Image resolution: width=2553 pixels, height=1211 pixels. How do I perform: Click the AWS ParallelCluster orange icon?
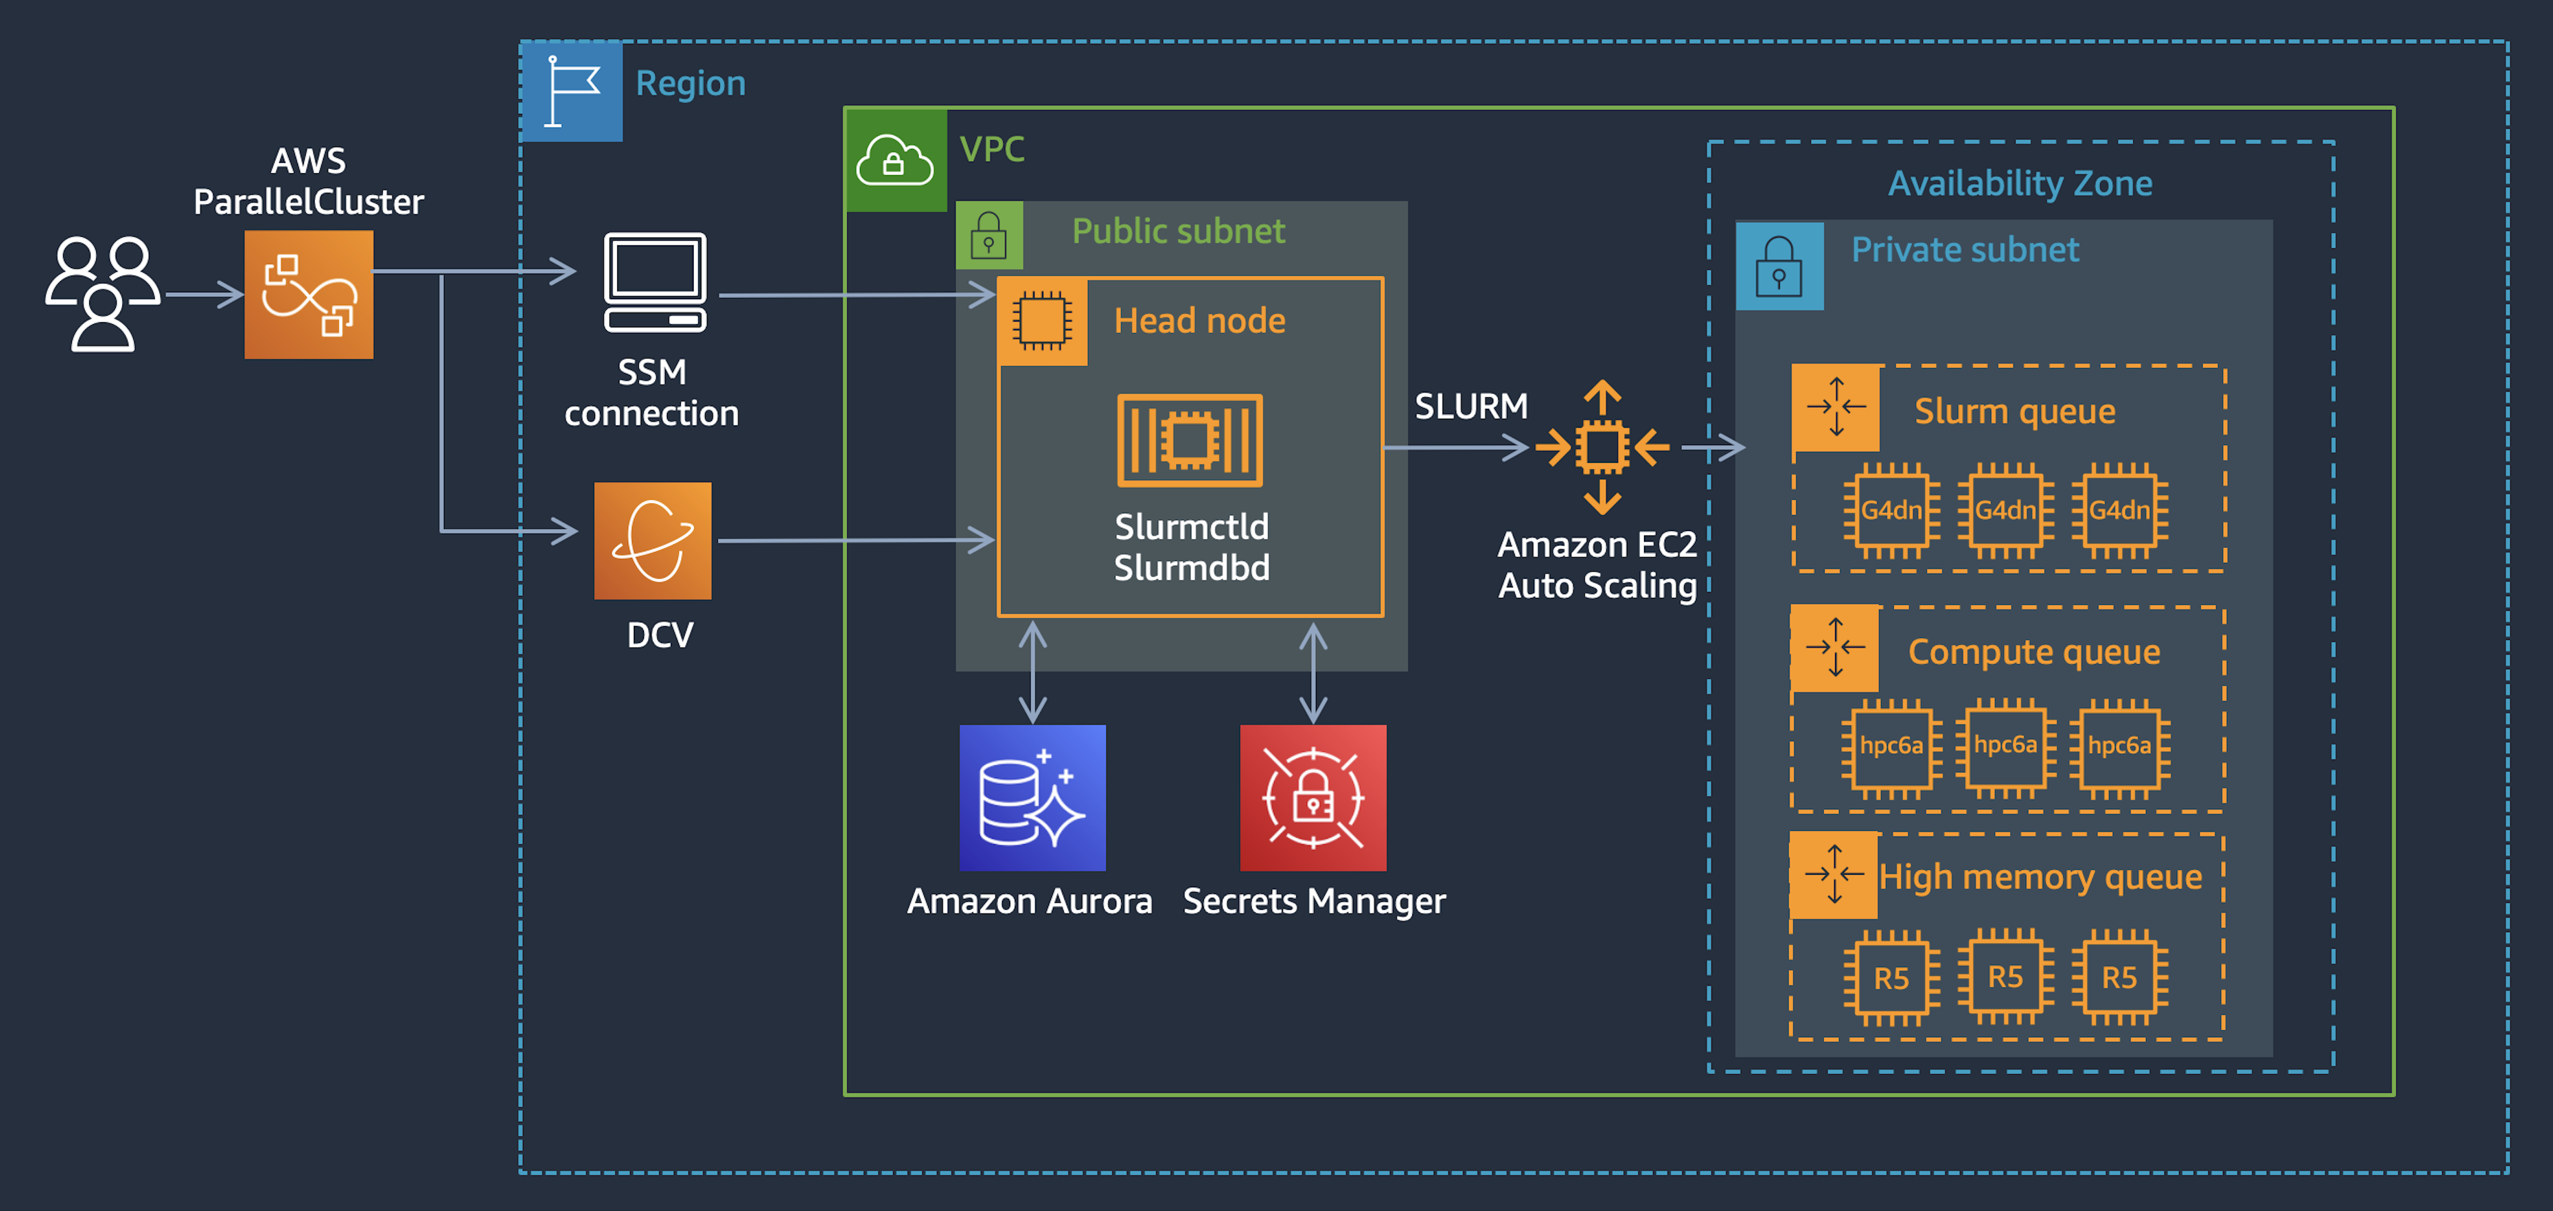[308, 294]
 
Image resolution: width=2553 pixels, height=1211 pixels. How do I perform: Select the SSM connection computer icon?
[655, 283]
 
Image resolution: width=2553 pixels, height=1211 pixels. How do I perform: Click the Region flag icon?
[572, 91]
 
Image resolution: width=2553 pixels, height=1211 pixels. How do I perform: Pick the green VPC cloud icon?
[895, 160]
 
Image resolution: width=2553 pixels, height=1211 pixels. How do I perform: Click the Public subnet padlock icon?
[988, 236]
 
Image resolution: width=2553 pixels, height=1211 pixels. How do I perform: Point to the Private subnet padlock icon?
[1779, 266]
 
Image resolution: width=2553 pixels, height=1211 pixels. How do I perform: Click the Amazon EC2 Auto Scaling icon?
[1601, 448]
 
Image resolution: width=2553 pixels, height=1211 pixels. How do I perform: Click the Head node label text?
[1199, 320]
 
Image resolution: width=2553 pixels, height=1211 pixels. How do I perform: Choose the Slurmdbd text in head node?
[1191, 568]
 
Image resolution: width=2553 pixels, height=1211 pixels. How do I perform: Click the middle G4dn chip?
[2005, 511]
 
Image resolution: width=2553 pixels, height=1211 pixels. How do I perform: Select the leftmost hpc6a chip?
[1891, 745]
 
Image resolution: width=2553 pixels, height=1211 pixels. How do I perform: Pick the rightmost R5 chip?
[2119, 978]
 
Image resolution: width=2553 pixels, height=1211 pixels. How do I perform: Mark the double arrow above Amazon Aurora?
[1033, 672]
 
